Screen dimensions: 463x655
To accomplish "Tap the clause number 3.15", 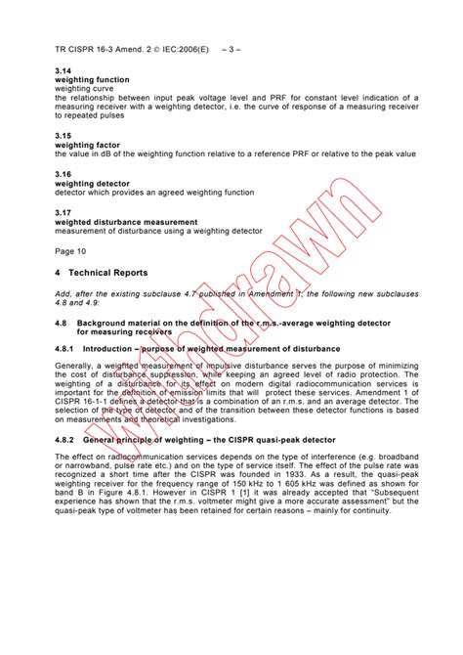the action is (x=64, y=136).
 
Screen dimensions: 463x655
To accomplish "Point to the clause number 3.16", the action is (x=64, y=173).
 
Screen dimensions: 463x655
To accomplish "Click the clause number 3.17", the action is (x=64, y=211).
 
